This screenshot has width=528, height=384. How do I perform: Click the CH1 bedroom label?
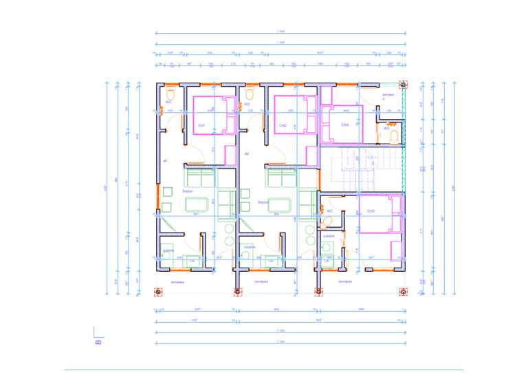tap(201, 126)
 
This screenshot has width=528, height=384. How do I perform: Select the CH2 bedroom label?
tap(283, 126)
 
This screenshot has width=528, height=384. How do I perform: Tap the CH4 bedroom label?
tap(345, 125)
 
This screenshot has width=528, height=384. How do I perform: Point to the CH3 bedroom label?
tap(371, 211)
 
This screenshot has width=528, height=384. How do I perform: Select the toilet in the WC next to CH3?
tap(324, 221)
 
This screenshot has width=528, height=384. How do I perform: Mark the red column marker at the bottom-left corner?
tap(158, 292)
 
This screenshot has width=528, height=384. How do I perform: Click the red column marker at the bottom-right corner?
tap(403, 292)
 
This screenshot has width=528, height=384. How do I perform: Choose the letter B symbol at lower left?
tap(98, 341)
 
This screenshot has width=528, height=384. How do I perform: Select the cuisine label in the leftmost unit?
tap(168, 250)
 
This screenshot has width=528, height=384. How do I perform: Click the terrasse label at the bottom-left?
tap(177, 281)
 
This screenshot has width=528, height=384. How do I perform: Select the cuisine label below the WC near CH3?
tap(329, 235)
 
